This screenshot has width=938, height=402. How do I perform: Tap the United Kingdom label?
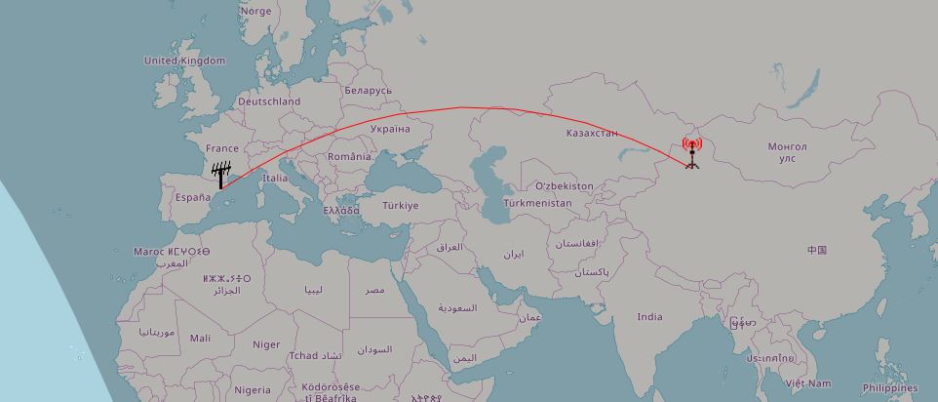184,60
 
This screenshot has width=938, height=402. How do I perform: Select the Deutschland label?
269,101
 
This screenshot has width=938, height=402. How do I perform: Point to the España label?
193,197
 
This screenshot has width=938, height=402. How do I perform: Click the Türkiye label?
400,206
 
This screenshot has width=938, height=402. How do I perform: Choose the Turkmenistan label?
538,203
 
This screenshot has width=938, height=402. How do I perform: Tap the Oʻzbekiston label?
564,185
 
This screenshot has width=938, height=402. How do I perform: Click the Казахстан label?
592,133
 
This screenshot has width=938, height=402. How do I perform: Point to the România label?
349,156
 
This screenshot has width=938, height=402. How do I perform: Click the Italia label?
275,179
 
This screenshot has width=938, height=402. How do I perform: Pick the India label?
649,316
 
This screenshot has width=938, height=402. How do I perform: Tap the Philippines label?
889,387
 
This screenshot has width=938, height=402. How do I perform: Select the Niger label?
266,344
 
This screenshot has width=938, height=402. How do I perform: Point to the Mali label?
200,339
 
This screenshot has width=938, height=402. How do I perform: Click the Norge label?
256,12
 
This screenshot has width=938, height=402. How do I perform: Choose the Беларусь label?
368,90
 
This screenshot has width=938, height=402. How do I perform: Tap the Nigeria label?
253,389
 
